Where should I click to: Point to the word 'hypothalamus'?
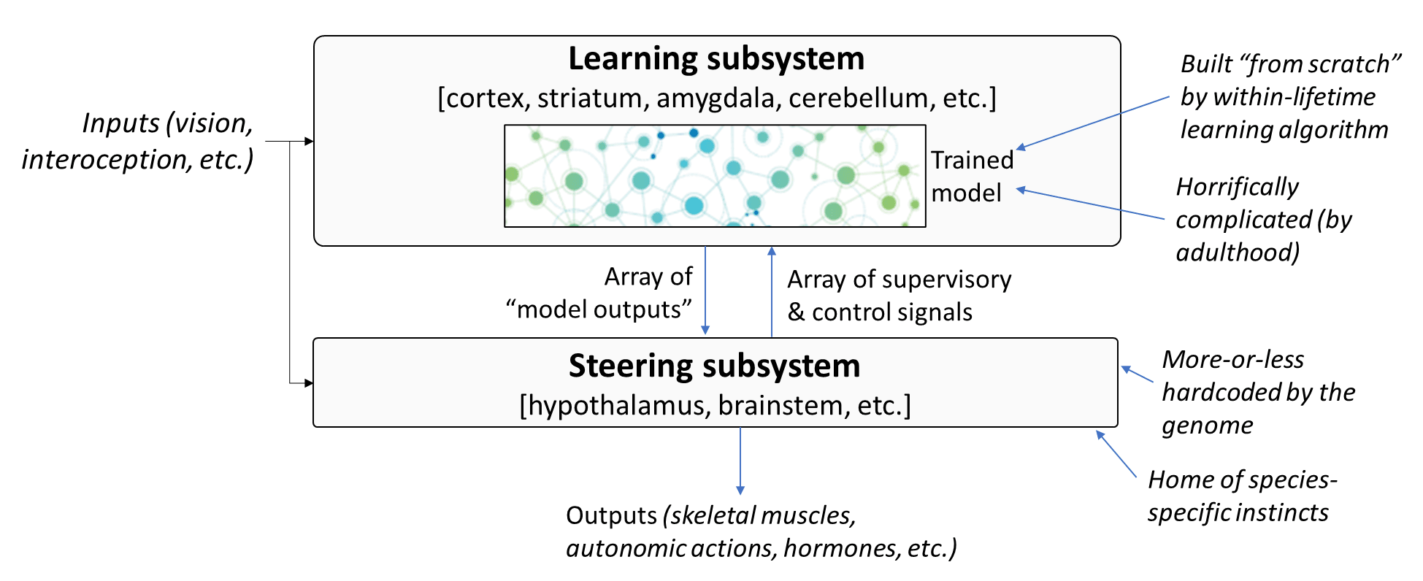615,406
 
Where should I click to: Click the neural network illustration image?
715,176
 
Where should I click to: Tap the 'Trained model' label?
972,176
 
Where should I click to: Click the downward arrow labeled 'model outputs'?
705,290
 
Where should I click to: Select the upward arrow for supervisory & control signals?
772,292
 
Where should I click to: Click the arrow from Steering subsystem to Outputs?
740,461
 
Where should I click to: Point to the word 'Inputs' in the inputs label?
120,123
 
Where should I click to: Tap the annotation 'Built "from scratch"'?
1290,64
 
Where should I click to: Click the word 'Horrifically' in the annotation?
1238,188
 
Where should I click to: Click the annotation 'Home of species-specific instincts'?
1242,496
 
